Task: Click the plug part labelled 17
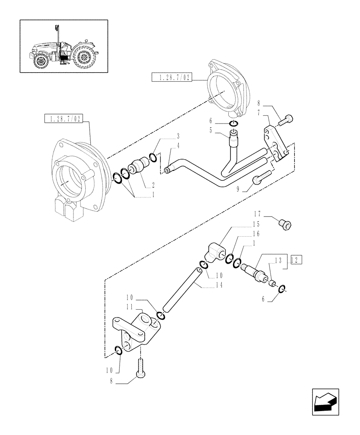[x=285, y=225]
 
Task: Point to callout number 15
[x=257, y=224]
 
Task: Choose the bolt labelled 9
[x=263, y=177]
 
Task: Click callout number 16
[x=257, y=234]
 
